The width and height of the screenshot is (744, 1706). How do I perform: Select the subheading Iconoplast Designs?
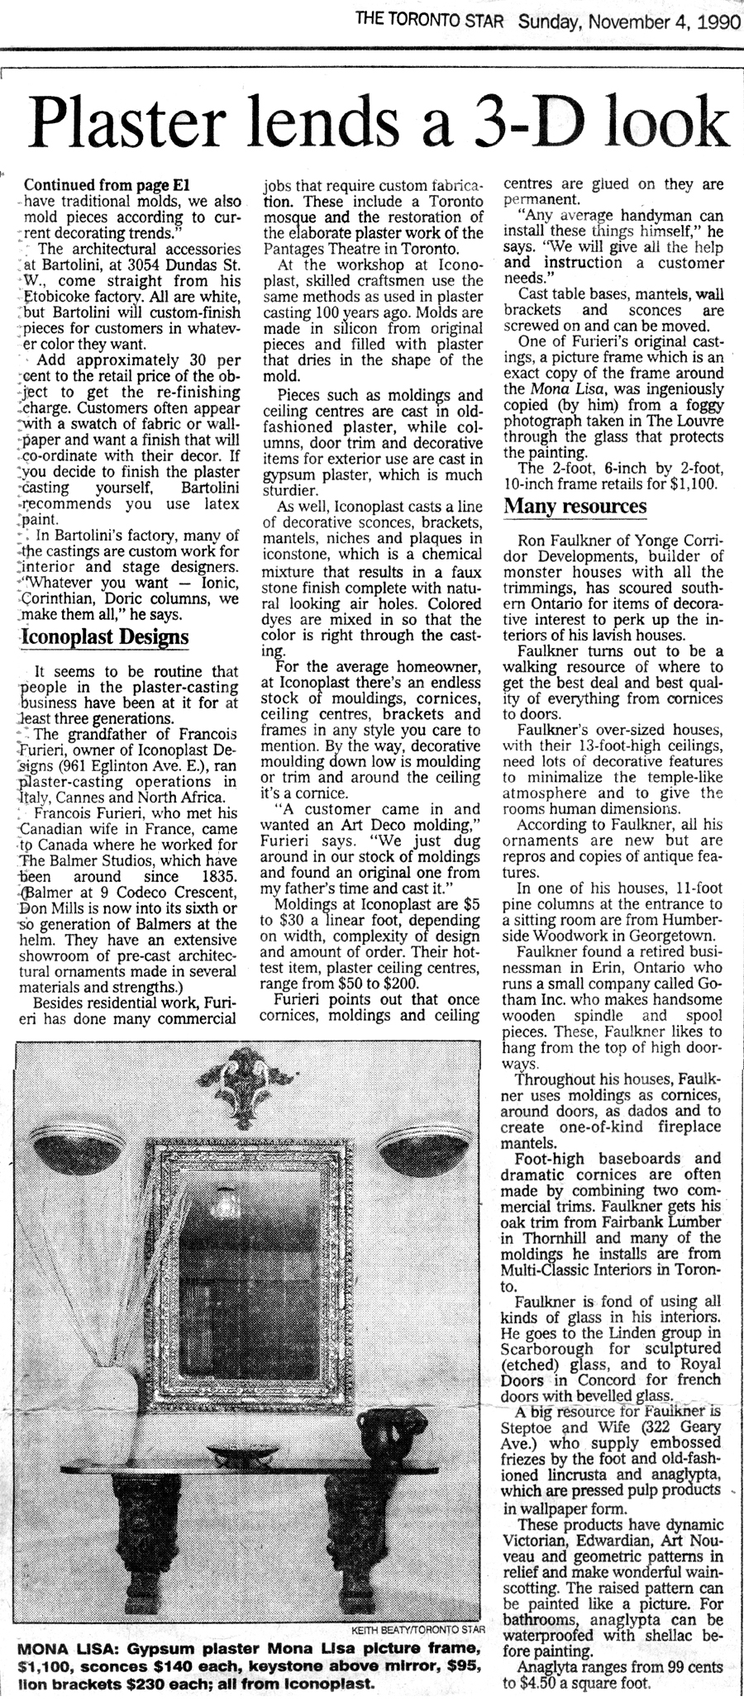[104, 636]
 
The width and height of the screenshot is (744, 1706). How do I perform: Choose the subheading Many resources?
[575, 506]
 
